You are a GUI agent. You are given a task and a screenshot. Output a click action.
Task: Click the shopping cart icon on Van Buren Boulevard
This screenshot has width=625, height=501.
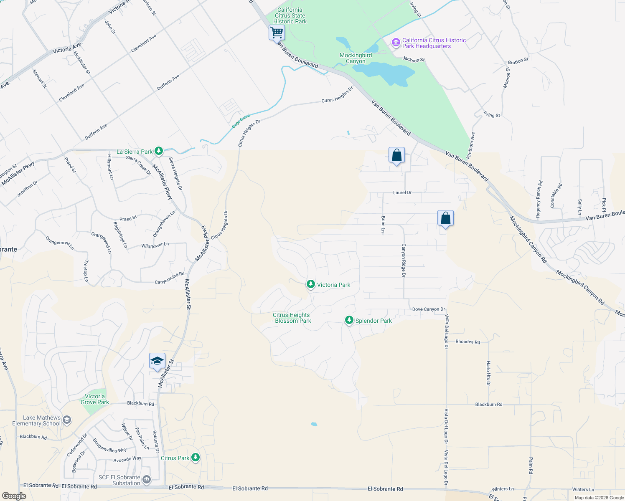277,32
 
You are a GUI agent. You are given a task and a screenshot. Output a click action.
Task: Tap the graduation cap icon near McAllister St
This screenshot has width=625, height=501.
157,361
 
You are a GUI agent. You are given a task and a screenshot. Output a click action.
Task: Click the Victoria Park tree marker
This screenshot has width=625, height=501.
310,284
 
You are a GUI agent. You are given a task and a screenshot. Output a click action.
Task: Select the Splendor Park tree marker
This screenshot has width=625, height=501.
349,320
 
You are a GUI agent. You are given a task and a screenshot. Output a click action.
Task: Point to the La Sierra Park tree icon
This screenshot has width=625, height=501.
158,151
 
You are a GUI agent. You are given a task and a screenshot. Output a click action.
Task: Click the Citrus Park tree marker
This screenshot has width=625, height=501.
195,458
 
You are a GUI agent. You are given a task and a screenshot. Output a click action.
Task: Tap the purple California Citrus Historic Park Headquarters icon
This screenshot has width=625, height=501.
396,43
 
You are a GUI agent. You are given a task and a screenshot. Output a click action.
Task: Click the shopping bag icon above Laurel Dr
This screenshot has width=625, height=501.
396,155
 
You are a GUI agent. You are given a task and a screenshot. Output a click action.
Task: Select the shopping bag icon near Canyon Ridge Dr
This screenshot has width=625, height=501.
445,218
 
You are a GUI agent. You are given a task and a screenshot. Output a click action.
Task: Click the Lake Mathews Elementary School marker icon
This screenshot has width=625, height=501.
67,420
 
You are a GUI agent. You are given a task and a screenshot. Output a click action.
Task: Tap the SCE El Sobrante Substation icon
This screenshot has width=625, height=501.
146,480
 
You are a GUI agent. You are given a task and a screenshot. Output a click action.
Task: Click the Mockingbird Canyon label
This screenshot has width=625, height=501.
356,58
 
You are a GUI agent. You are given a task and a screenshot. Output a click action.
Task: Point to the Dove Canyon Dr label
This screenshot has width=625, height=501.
428,309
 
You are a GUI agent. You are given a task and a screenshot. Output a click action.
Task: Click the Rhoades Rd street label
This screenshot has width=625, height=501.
467,342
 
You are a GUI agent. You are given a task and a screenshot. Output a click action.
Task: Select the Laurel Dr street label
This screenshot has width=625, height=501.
402,192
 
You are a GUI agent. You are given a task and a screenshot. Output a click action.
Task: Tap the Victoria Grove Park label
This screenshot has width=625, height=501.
95,399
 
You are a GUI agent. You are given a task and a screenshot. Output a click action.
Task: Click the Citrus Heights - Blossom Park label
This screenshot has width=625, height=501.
292,318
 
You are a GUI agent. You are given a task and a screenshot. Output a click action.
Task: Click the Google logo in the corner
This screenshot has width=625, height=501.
14,496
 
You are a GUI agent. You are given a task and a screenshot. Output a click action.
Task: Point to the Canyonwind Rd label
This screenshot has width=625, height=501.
170,278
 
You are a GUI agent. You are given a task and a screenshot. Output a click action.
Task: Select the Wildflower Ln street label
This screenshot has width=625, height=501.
155,245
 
